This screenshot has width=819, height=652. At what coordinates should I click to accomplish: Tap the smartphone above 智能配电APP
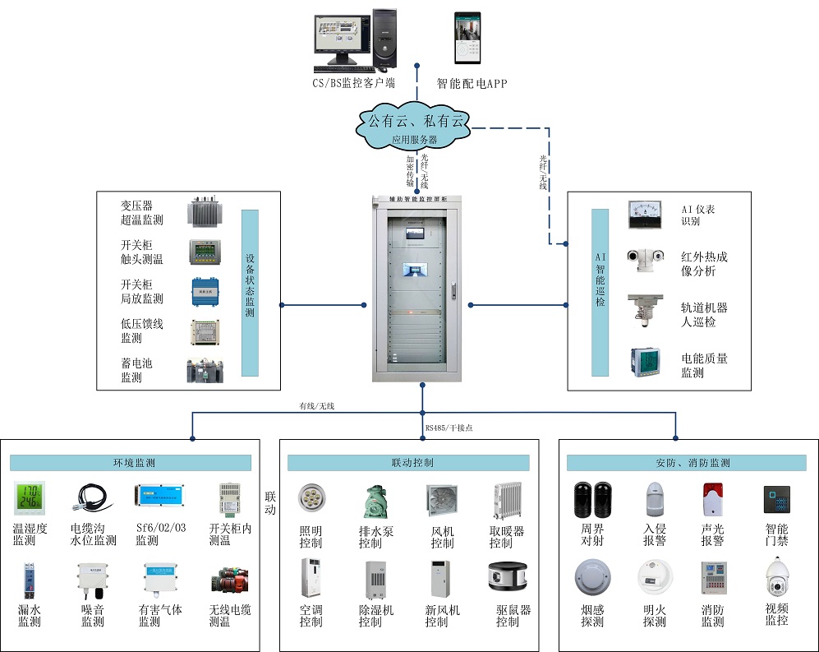(468, 38)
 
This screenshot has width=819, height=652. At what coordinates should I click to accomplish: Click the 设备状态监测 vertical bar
(250, 293)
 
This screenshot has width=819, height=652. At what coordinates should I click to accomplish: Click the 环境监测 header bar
(131, 463)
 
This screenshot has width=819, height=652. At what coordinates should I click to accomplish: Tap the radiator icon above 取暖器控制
(507, 501)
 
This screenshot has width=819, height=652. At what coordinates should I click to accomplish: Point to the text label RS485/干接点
(449, 428)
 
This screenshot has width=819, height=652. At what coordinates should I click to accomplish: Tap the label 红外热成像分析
(704, 264)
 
